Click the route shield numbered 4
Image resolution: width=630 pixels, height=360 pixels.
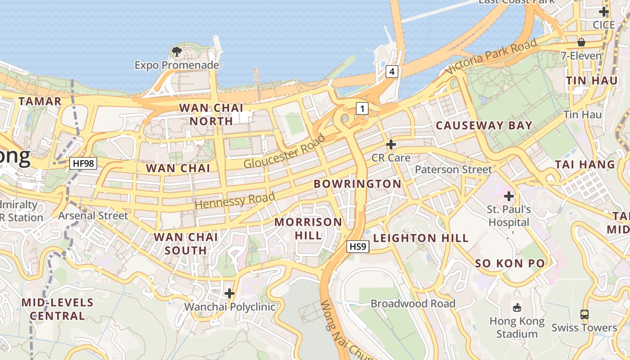[x=392, y=71]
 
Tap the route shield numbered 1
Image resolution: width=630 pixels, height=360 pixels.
[x=362, y=108]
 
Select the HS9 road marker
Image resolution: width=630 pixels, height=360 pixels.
[x=358, y=247]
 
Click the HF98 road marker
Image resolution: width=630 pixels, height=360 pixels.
[x=83, y=163]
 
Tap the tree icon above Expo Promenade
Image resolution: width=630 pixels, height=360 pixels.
[x=177, y=51]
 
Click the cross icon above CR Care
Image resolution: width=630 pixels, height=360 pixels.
[x=391, y=144]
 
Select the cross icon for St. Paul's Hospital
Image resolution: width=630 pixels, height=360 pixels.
[x=509, y=196]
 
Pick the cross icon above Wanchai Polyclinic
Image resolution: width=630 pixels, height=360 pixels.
[x=229, y=294]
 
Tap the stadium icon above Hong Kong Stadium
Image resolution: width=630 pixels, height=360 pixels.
[x=517, y=308]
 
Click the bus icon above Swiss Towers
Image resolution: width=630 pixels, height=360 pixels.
[x=584, y=314]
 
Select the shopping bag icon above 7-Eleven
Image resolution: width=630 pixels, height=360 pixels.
[x=581, y=43]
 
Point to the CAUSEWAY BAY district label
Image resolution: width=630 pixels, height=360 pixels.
[x=484, y=126]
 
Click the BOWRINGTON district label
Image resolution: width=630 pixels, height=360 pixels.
[x=357, y=184]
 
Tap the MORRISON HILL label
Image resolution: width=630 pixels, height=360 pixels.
[x=308, y=229]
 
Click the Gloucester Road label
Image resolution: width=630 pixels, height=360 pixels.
[x=284, y=151]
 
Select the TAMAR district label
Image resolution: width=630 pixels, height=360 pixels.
[x=40, y=101]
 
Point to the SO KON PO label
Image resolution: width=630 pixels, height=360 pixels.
[x=510, y=263]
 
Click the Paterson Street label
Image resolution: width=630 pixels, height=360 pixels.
[x=454, y=170]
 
